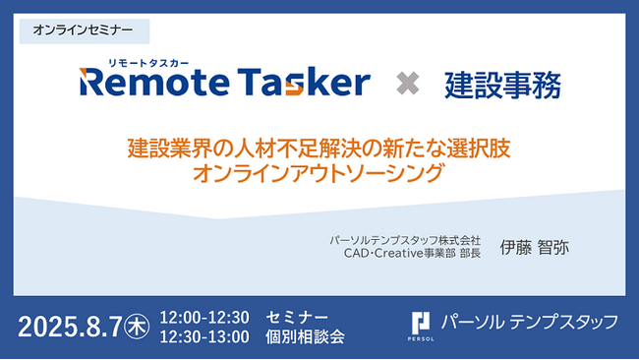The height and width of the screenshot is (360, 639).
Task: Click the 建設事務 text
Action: pyautogui.click(x=503, y=84)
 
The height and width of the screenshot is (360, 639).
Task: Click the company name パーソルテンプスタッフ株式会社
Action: pyautogui.click(x=405, y=239)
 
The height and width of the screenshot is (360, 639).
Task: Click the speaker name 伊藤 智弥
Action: pyautogui.click(x=535, y=247)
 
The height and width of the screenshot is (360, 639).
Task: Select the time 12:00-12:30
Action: pyautogui.click(x=204, y=317)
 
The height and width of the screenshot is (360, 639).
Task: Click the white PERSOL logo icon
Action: pyautogui.click(x=422, y=323)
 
